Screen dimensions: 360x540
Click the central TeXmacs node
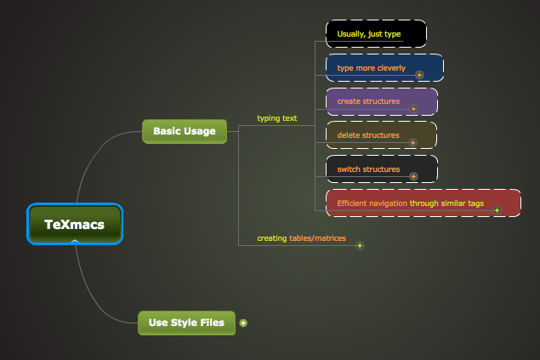pyautogui.click(x=75, y=225)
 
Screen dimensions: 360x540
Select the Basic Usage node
pyautogui.click(x=185, y=131)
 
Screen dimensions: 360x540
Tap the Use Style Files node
pyautogui.click(x=186, y=323)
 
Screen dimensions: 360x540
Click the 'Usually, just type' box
pyautogui.click(x=375, y=34)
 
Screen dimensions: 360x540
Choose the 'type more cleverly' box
pyautogui.click(x=384, y=67)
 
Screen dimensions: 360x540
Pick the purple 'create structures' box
pyautogui.click(x=381, y=101)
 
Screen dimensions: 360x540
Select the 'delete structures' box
pyautogui.click(x=381, y=134)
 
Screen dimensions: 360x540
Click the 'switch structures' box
pyautogui.click(x=381, y=169)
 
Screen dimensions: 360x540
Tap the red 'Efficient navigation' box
pyautogui.click(x=423, y=203)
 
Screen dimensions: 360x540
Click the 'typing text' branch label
pyautogui.click(x=277, y=118)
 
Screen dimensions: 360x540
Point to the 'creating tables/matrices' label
pyautogui.click(x=301, y=238)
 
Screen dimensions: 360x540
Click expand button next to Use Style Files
pyautogui.click(x=243, y=323)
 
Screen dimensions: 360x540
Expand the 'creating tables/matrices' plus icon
pyautogui.click(x=360, y=245)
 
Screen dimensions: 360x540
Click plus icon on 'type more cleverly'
pyautogui.click(x=419, y=75)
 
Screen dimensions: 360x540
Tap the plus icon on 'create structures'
pyautogui.click(x=413, y=109)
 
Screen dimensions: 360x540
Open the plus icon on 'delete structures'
pyautogui.click(x=413, y=143)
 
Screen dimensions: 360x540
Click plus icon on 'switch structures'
pyautogui.click(x=413, y=177)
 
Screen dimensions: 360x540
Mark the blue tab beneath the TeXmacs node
pyautogui.click(x=75, y=243)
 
